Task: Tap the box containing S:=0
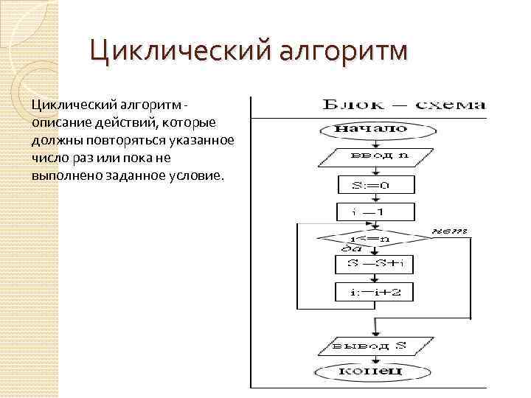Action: (x=372, y=184)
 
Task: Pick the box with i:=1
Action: (x=372, y=212)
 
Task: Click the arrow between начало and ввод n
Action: (x=372, y=142)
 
